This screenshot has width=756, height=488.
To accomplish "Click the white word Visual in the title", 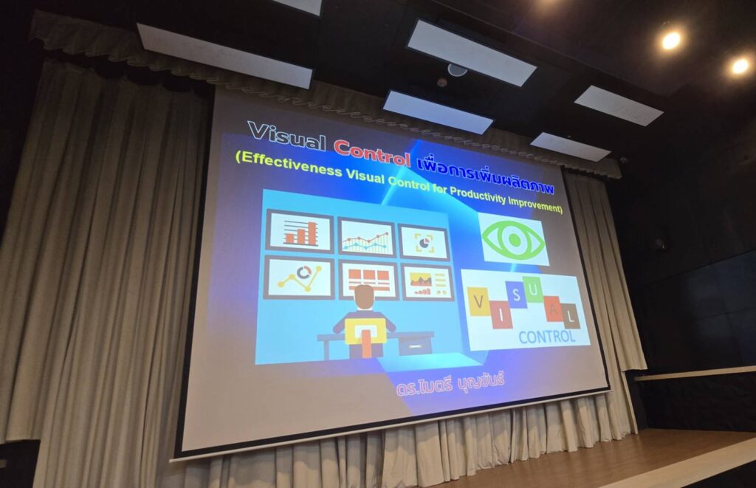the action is tap(287, 136).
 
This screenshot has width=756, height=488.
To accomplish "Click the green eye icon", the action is tap(514, 239).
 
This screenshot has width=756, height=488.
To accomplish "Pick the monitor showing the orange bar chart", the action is tap(300, 231).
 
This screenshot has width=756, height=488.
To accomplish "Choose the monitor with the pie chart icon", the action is tap(424, 242).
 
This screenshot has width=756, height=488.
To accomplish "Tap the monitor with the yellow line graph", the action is tap(300, 278).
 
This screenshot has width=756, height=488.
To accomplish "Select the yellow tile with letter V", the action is tap(478, 302).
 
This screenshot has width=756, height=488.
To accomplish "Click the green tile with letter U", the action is tap(533, 290).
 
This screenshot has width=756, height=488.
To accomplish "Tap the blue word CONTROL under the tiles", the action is tap(547, 337).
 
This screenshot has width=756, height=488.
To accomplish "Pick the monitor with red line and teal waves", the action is tap(367, 238).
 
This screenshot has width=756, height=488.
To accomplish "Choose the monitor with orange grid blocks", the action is tap(369, 281).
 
